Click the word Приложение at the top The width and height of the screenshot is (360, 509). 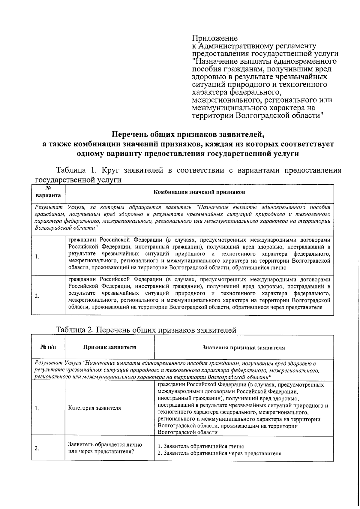tap(214, 38)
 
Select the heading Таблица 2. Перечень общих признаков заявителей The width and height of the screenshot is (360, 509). tap(146, 330)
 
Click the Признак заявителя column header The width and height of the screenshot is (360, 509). tap(109, 347)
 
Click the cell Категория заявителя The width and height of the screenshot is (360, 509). tap(94, 408)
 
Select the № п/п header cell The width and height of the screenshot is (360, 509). tap(48, 347)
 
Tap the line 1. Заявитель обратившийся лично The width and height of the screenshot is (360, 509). tap(201, 446)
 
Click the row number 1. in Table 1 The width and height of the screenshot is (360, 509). tap(36, 257)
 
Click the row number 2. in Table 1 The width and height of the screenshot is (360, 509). tap(36, 296)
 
